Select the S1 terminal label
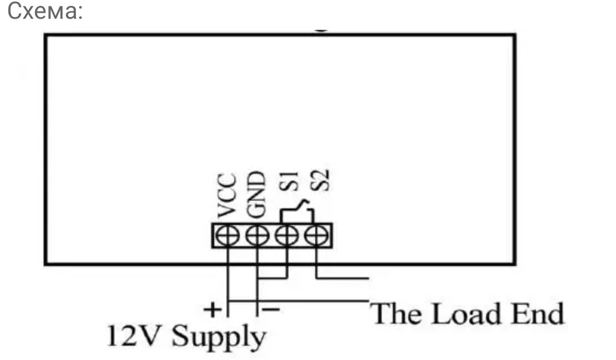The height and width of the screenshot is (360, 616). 287,181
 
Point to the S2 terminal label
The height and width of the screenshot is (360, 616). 320,180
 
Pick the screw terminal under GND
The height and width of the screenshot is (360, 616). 257,236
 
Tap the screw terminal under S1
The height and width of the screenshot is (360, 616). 287,236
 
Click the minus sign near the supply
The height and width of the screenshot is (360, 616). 271,309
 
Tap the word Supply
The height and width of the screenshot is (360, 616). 218,338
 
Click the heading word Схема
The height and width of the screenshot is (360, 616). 44,12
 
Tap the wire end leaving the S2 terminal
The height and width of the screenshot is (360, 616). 367,279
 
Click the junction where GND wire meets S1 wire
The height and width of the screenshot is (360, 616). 258,279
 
